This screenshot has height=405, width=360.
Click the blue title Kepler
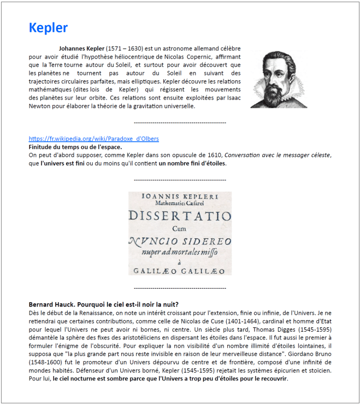tap(48, 28)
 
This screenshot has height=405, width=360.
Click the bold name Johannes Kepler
tap(81, 48)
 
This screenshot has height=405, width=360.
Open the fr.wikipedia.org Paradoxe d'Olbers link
tap(93, 139)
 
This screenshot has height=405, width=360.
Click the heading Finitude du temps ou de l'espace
tap(75, 146)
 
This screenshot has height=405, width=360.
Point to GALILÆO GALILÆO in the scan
tap(180, 270)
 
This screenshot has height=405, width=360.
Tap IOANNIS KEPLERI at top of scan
tap(180, 196)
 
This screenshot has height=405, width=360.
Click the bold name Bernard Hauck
tap(52, 304)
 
